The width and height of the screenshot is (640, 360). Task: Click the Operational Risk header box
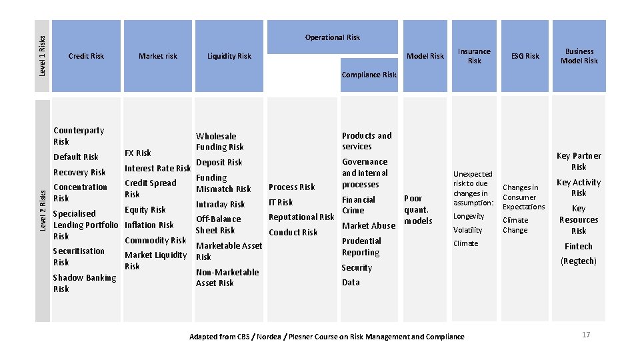pyautogui.click(x=332, y=37)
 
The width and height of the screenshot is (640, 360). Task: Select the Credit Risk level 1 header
pyautogui.click(x=86, y=56)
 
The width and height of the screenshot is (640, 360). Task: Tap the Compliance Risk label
pyautogui.click(x=369, y=75)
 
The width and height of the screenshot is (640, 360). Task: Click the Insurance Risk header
pyautogui.click(x=474, y=56)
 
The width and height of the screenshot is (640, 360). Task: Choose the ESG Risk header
pyautogui.click(x=525, y=56)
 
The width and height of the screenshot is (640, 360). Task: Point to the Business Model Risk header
pyautogui.click(x=579, y=56)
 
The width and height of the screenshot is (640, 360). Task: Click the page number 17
pyautogui.click(x=586, y=335)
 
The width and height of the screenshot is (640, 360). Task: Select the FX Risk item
pyautogui.click(x=138, y=153)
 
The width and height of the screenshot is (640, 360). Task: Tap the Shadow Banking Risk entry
pyautogui.click(x=84, y=283)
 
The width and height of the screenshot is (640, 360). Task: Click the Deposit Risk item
pyautogui.click(x=219, y=162)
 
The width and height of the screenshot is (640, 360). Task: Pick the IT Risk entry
pyautogui.click(x=281, y=202)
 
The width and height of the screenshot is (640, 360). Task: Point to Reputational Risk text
pyautogui.click(x=301, y=217)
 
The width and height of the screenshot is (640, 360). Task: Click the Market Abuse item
pyautogui.click(x=369, y=225)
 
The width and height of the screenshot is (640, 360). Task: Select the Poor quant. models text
pyautogui.click(x=418, y=209)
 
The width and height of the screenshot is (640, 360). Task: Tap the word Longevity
pyautogui.click(x=469, y=216)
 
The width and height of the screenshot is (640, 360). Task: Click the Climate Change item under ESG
pyautogui.click(x=515, y=225)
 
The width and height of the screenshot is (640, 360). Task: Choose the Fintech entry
pyautogui.click(x=579, y=246)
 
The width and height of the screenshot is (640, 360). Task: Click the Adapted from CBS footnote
pyautogui.click(x=327, y=337)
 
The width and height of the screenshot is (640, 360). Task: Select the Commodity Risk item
pyautogui.click(x=155, y=240)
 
